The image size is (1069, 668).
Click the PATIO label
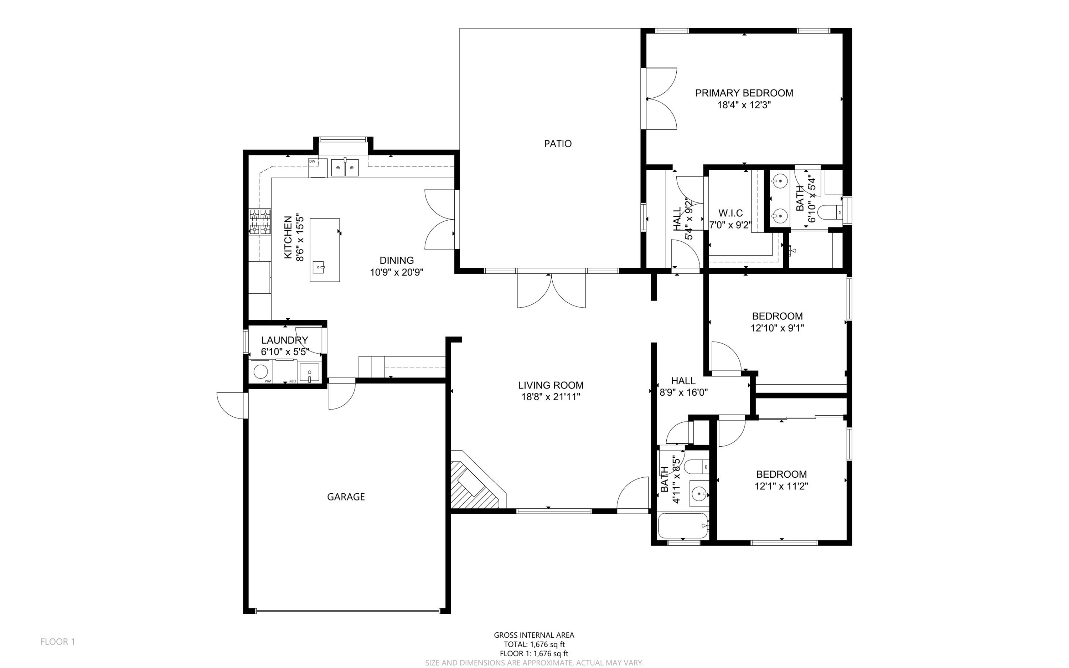pyautogui.click(x=558, y=144)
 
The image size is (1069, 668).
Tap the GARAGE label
pyautogui.click(x=346, y=497)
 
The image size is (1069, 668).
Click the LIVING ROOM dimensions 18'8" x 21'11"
pyautogui.click(x=551, y=397)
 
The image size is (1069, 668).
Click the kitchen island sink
pyautogui.click(x=319, y=267)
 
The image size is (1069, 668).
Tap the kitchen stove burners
pyautogui.click(x=260, y=222)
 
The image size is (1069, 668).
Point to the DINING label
pyautogui.click(x=397, y=261)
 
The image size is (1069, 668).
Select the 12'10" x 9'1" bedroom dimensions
pyautogui.click(x=777, y=328)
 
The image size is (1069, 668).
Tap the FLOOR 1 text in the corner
pyautogui.click(x=58, y=642)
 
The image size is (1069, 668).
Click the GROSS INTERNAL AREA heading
pyautogui.click(x=534, y=635)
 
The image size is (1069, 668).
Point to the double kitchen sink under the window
pyautogui.click(x=345, y=168)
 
